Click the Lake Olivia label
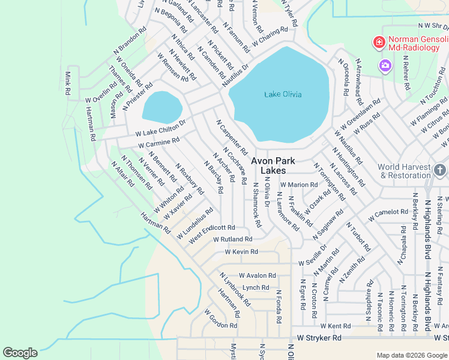(x=283, y=94)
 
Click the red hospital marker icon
(x=379, y=42)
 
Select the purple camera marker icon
(x=385, y=65)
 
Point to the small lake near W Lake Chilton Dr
(x=162, y=107)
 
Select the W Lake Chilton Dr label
(x=160, y=128)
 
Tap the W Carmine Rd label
(x=158, y=143)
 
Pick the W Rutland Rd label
(x=232, y=239)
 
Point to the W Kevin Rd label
(x=241, y=252)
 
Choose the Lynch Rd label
(x=256, y=288)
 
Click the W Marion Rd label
(x=302, y=185)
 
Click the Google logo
(x=20, y=353)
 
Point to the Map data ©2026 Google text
(x=411, y=355)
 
